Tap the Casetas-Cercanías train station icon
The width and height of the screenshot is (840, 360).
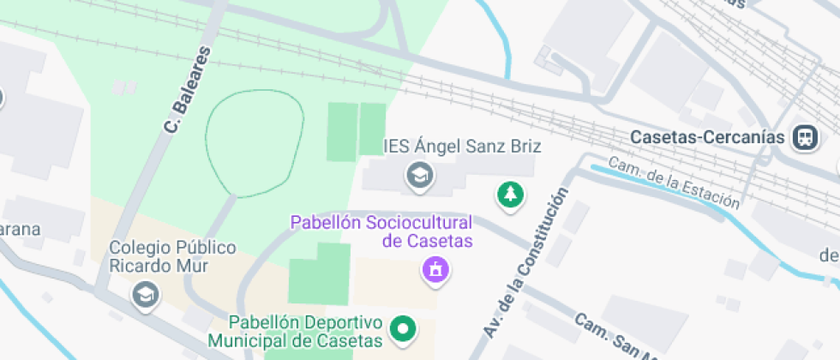[x=805, y=137]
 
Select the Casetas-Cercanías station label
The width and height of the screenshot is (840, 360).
[x=708, y=137]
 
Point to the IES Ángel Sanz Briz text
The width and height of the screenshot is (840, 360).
[x=462, y=146]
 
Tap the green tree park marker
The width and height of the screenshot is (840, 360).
[x=511, y=194]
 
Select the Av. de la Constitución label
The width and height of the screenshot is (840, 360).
[x=525, y=261]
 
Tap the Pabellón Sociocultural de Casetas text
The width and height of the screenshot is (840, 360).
[x=381, y=231]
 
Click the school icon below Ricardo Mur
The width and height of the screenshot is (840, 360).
[x=145, y=295]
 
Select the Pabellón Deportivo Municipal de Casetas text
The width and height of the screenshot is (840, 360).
[x=305, y=332]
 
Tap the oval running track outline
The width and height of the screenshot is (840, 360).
[x=255, y=143]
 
